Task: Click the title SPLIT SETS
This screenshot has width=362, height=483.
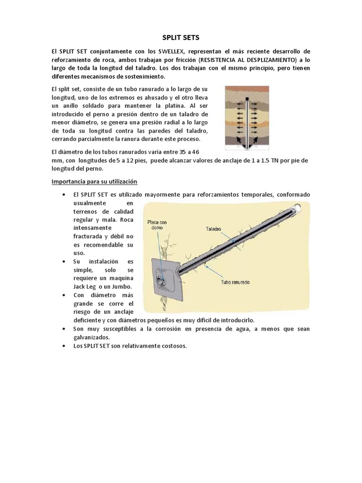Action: (181, 37)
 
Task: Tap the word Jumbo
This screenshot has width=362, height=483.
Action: (121, 286)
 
